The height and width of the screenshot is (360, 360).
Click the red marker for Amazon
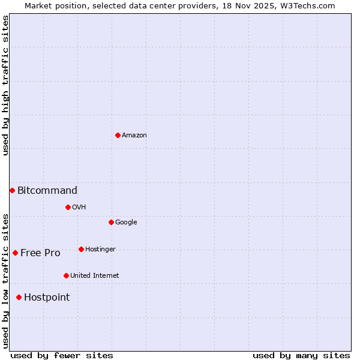(118, 135)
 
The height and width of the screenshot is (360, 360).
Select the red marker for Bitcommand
(12, 190)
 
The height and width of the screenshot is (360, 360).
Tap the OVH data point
(68, 207)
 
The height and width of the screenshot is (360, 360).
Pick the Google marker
(111, 222)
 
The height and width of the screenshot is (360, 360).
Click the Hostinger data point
(81, 249)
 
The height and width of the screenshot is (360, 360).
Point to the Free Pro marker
(15, 253)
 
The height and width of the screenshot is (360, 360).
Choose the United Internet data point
(66, 275)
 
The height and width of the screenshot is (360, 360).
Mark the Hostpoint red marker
(19, 297)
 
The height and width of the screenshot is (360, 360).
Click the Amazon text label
(134, 136)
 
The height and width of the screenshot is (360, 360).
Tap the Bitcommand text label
(47, 191)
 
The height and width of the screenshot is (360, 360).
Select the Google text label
(126, 223)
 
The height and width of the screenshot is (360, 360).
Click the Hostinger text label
(100, 250)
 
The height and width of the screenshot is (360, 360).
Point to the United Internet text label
(95, 276)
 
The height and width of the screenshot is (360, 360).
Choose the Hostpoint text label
(47, 298)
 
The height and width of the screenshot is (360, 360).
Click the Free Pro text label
(40, 253)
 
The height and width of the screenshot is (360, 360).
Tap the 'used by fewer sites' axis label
(62, 355)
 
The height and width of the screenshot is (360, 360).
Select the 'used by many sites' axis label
(301, 355)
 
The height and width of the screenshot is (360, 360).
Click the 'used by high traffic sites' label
(5, 85)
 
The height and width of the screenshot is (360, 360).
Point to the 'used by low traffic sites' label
(5, 281)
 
